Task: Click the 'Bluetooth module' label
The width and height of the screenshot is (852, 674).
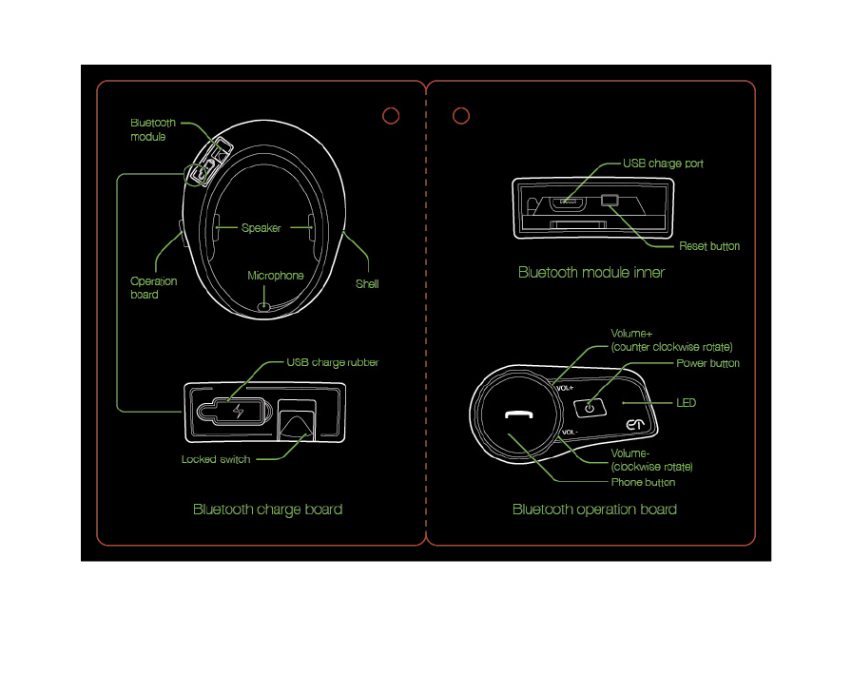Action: (x=152, y=130)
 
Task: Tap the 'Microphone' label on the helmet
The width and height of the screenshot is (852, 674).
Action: (x=276, y=276)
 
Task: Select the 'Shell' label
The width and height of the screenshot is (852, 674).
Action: (x=367, y=283)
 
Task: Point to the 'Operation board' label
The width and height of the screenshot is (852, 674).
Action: (x=154, y=288)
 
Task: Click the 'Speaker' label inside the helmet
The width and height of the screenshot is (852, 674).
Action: (x=261, y=228)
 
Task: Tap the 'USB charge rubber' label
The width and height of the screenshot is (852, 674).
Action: (x=333, y=362)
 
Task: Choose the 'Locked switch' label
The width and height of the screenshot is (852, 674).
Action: (x=216, y=459)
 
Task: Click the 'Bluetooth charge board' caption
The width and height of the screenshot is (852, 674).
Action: (x=267, y=510)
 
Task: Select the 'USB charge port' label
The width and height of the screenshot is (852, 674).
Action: (x=663, y=164)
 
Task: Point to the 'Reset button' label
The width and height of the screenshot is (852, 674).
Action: (x=709, y=246)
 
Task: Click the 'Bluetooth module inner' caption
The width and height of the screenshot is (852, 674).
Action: (x=591, y=273)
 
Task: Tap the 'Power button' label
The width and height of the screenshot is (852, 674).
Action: (x=707, y=363)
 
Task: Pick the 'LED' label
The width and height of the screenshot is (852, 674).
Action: (x=686, y=403)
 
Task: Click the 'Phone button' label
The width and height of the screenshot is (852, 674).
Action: (x=643, y=483)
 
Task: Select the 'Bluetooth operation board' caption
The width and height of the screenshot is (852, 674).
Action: (x=594, y=510)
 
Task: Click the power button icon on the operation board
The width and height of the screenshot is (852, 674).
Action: (x=589, y=407)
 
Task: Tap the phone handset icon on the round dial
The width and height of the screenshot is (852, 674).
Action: (x=517, y=415)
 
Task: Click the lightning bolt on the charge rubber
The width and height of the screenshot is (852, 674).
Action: (x=238, y=412)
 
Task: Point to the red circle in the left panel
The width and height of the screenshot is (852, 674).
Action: (x=390, y=115)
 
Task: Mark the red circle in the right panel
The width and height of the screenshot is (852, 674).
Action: (x=461, y=115)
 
